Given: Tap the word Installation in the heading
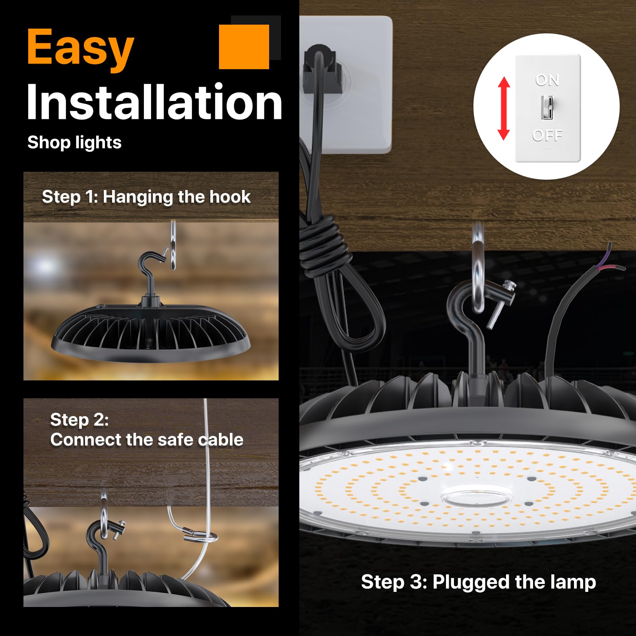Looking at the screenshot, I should tap(154, 102).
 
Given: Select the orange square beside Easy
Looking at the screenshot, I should tap(244, 47).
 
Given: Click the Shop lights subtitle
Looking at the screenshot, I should tap(74, 142).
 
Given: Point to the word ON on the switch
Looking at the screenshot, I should tap(547, 80).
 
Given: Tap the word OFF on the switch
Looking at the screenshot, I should tap(547, 136).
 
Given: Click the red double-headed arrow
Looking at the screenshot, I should tap(504, 108).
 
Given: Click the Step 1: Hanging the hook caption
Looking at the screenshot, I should tap(146, 197).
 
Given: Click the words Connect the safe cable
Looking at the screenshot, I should tap(147, 440).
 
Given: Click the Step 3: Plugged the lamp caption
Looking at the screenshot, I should tap(478, 582).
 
